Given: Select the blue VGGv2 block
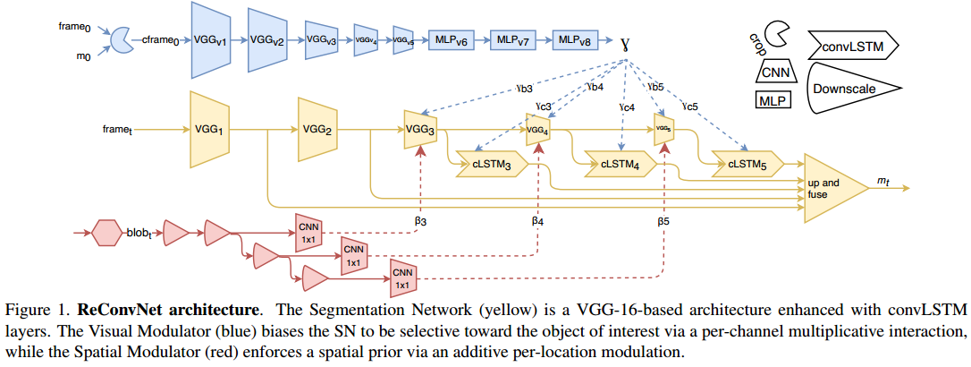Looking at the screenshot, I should tap(266, 40).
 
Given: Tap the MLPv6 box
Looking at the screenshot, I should tap(450, 40).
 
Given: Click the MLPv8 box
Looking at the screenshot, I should tap(573, 40).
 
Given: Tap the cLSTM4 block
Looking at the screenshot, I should tap(619, 164).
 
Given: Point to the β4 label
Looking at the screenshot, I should tap(538, 219).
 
